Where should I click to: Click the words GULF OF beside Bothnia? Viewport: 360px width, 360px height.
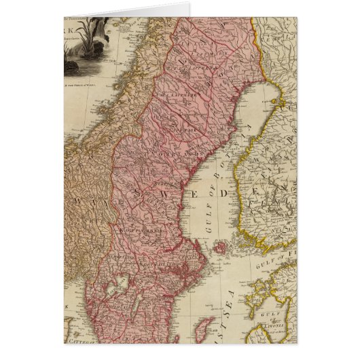[214, 227]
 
